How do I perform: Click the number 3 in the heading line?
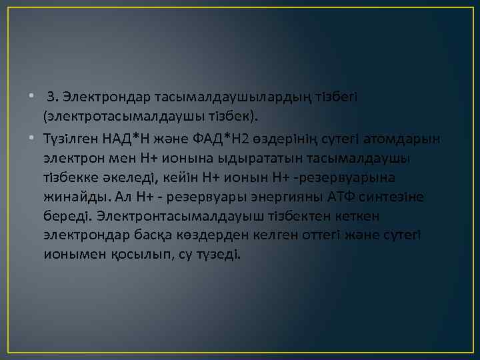(x=51, y=99)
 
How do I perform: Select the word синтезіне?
(x=391, y=197)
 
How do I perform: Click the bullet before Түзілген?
(x=32, y=138)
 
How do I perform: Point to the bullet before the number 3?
(x=32, y=99)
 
